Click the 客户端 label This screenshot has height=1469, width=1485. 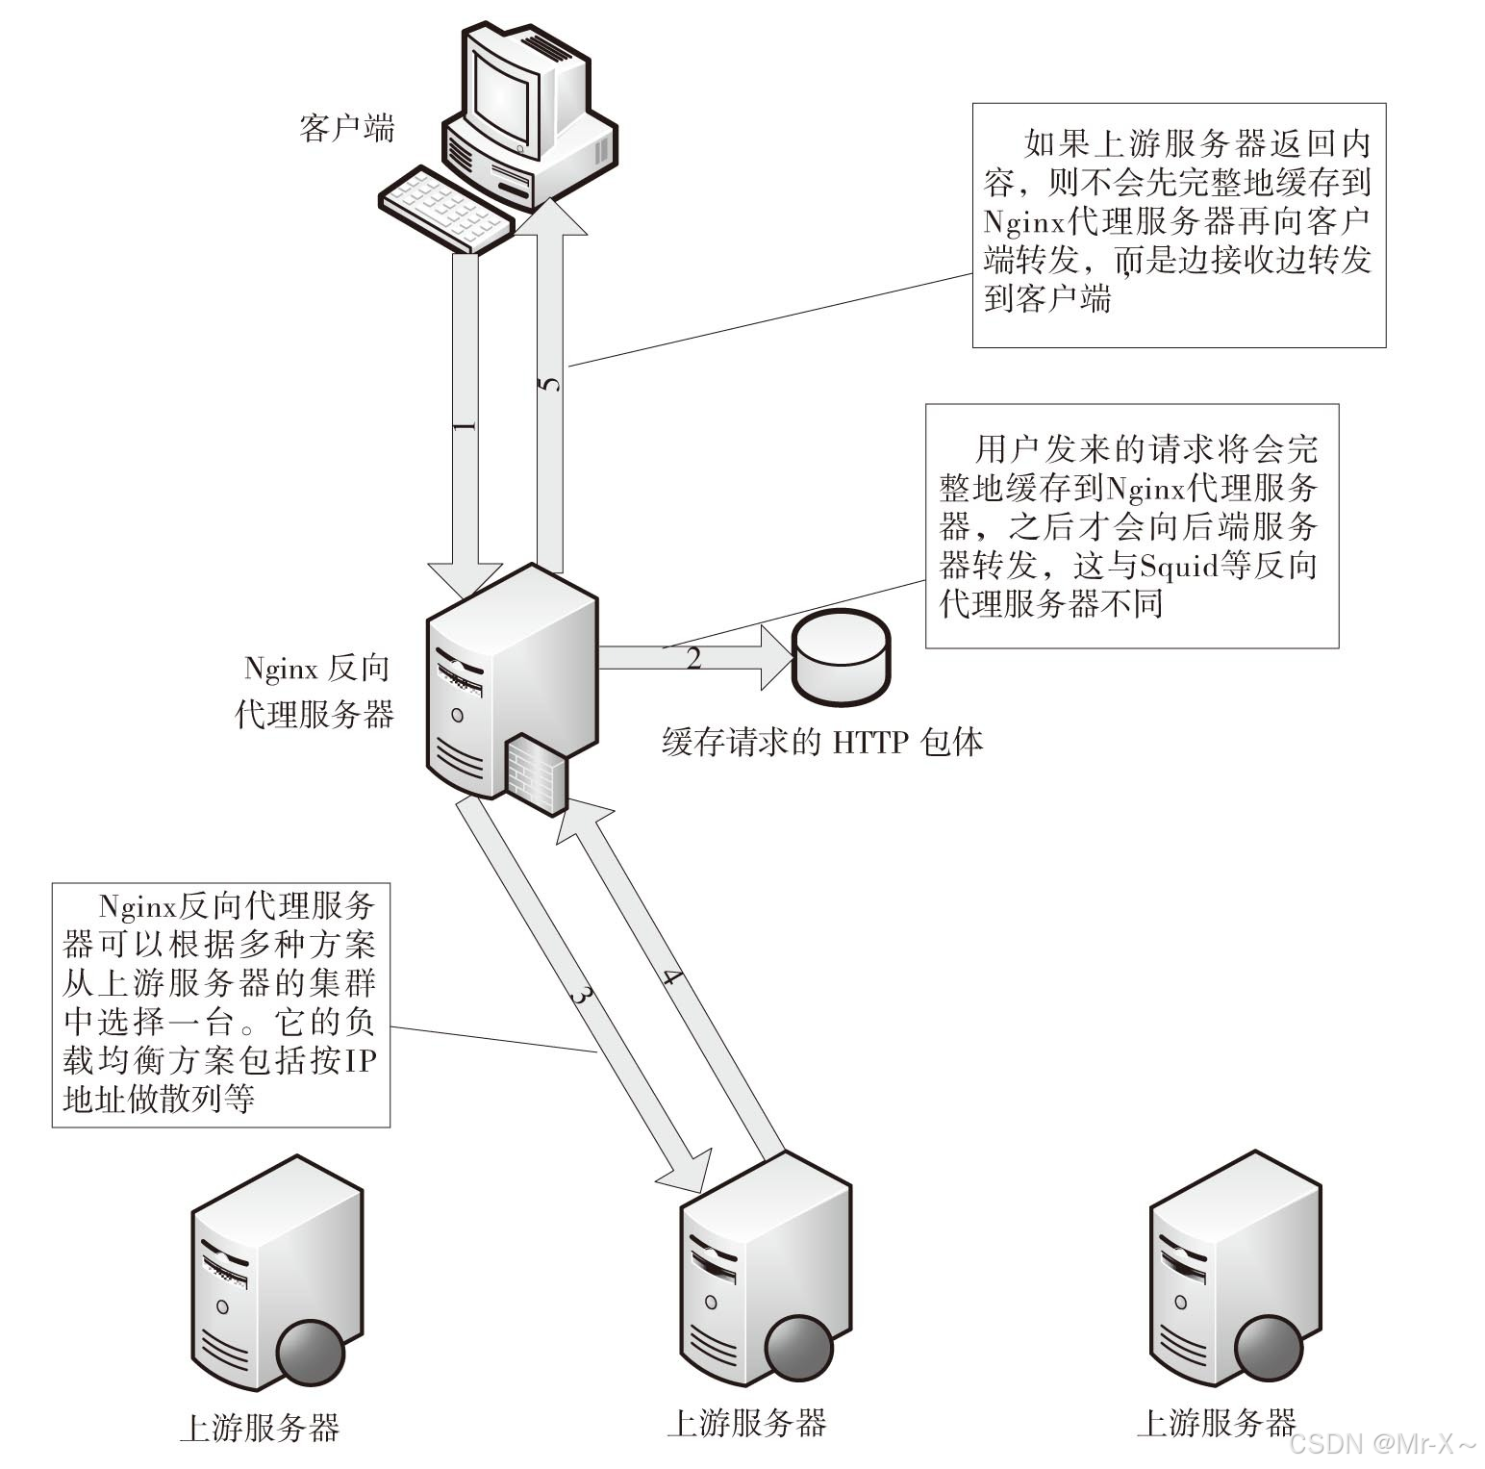[x=347, y=128]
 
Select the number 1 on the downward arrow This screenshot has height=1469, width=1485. [x=465, y=424]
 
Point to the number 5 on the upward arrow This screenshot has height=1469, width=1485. [x=549, y=384]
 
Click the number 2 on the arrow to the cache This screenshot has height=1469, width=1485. [x=693, y=659]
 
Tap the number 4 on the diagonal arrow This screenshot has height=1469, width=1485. [x=672, y=980]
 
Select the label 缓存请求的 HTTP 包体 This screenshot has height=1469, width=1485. [x=822, y=743]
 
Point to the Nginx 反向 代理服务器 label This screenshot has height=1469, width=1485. [x=315, y=691]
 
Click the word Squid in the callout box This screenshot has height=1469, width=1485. [x=1178, y=566]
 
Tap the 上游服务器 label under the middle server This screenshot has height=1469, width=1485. [x=746, y=1423]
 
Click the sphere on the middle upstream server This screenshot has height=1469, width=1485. [x=798, y=1346]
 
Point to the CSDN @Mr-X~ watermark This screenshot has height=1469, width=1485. [x=1381, y=1444]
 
